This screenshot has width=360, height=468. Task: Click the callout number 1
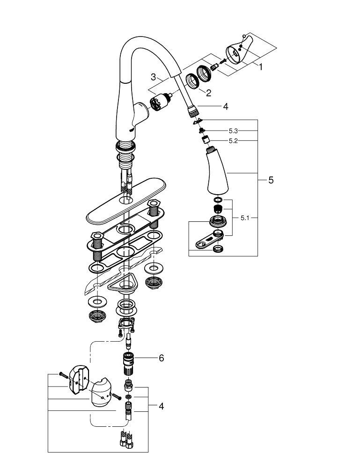point(261,67)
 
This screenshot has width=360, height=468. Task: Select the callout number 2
point(208,93)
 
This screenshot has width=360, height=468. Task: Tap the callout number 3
point(153,77)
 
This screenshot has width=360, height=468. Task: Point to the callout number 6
point(161,358)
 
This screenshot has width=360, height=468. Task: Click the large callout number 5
point(271,180)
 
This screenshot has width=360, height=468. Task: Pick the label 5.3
point(233,131)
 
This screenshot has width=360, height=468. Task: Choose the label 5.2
point(233,141)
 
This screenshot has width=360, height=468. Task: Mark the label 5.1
point(245,218)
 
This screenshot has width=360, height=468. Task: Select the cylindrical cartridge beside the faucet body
point(160,102)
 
